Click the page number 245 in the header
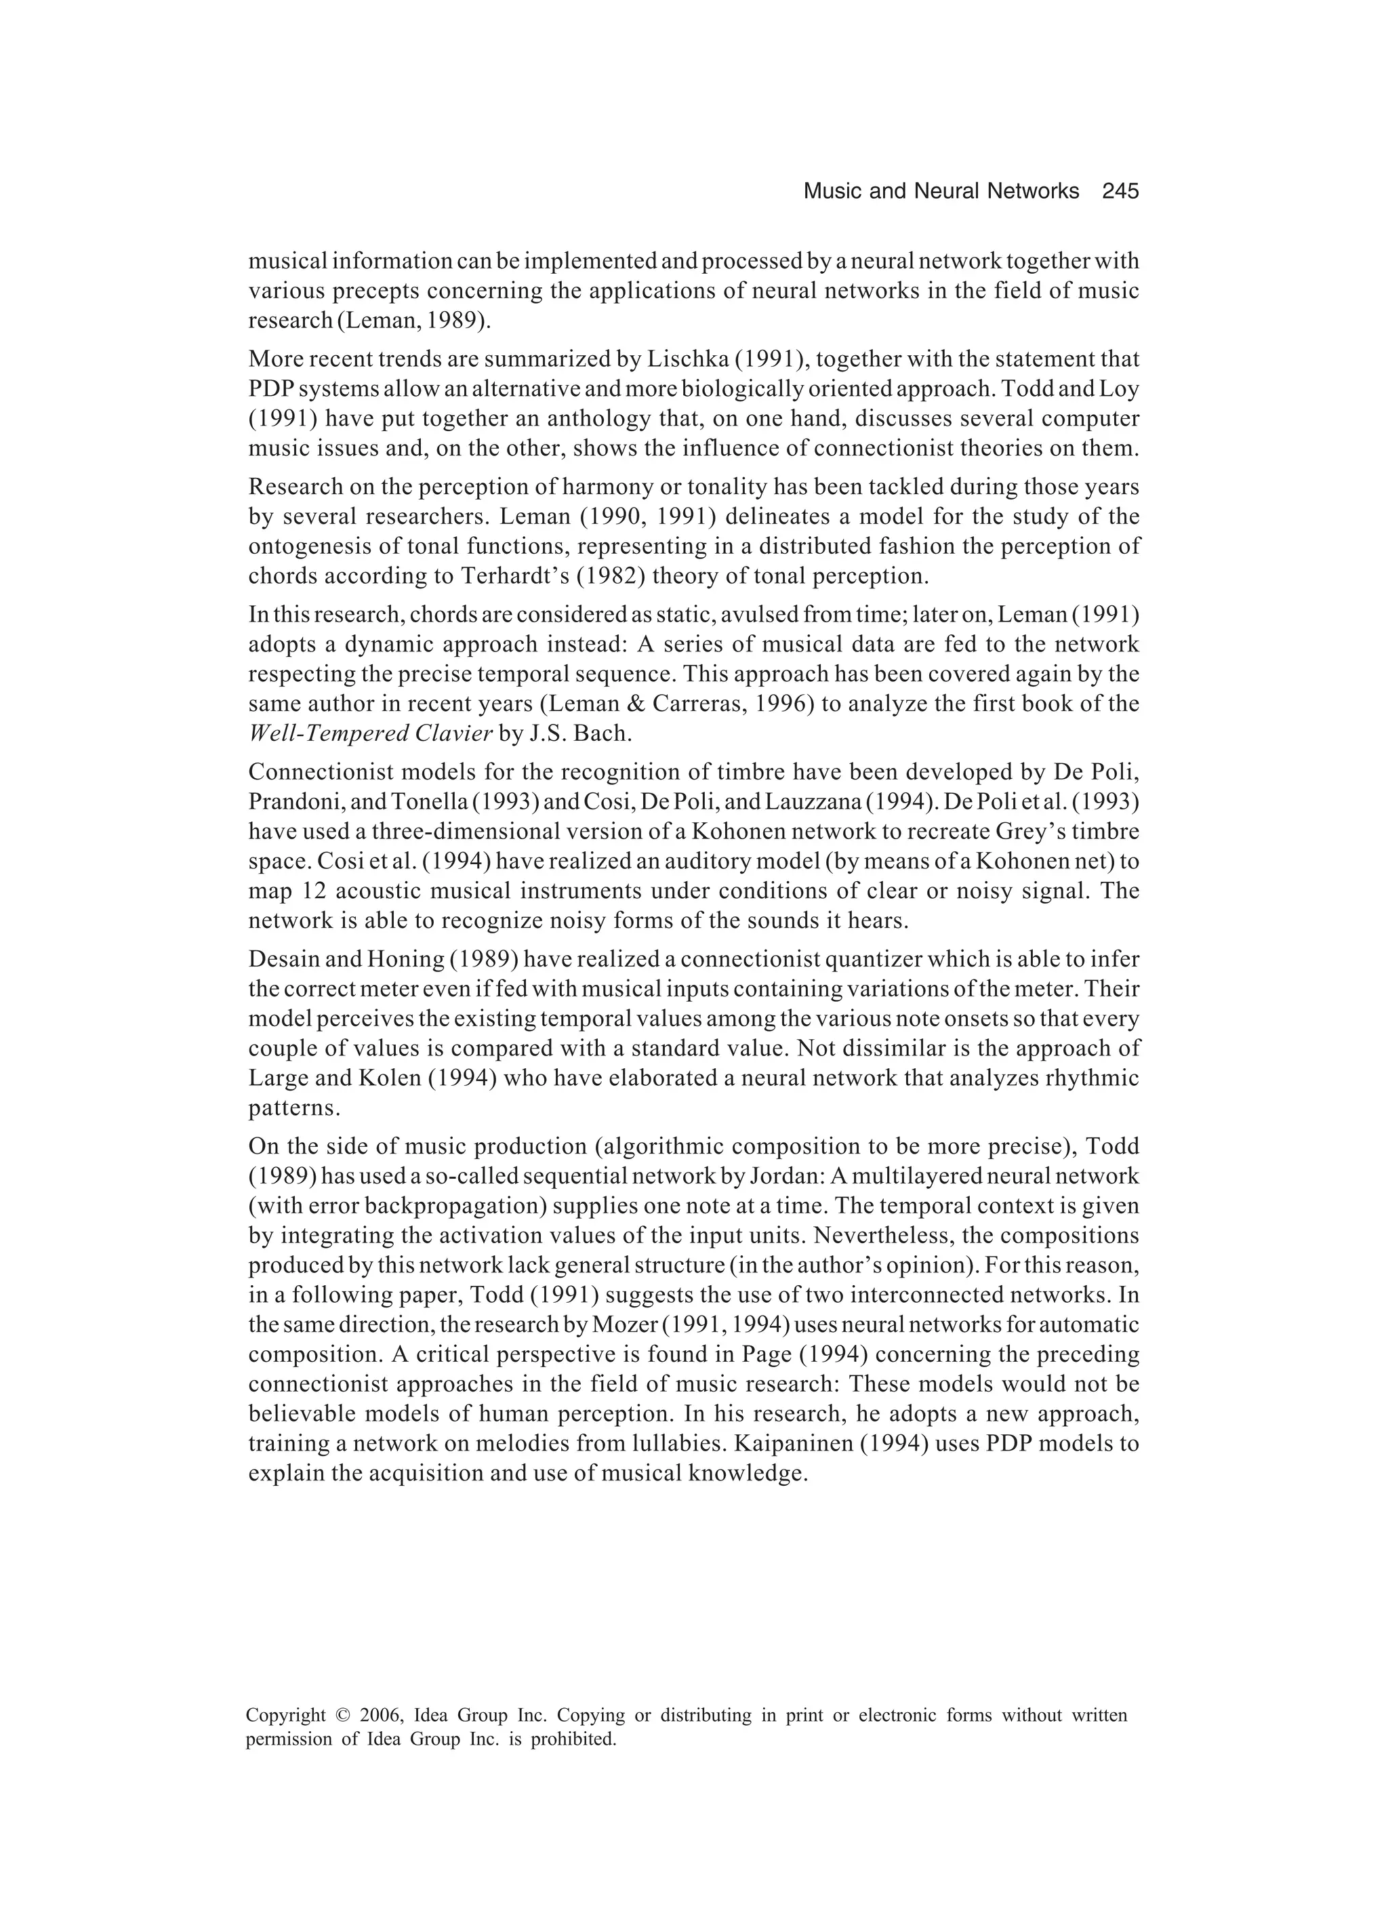(x=1120, y=192)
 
